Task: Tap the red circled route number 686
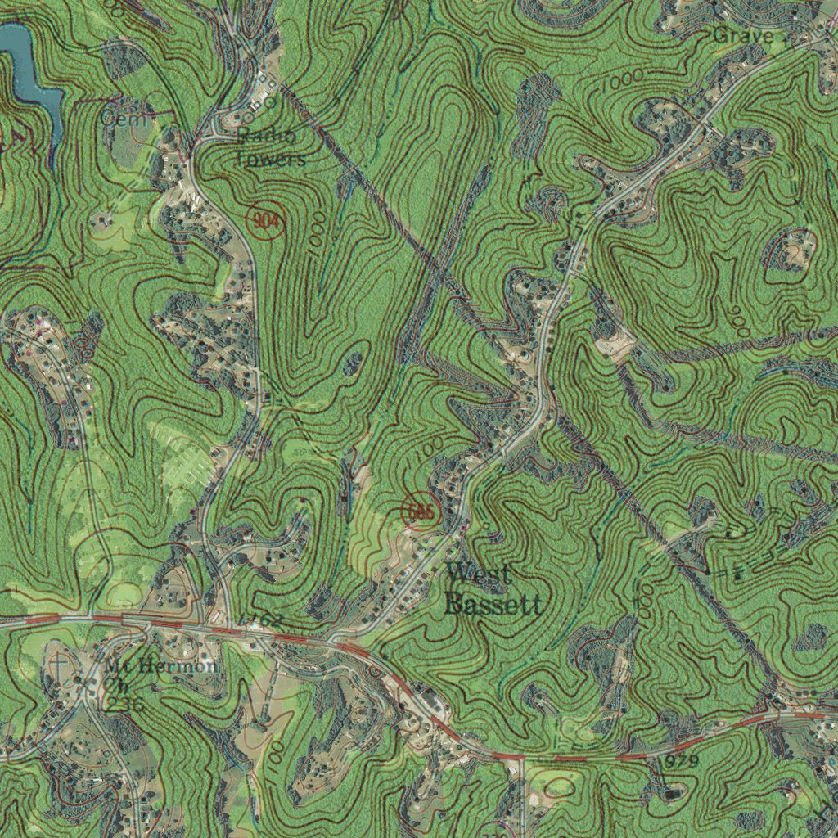click(x=421, y=512)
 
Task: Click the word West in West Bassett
click(x=479, y=574)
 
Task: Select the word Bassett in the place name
click(x=493, y=605)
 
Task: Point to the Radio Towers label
click(x=270, y=147)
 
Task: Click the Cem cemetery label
click(x=125, y=119)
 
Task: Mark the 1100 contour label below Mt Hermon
click(x=275, y=757)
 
